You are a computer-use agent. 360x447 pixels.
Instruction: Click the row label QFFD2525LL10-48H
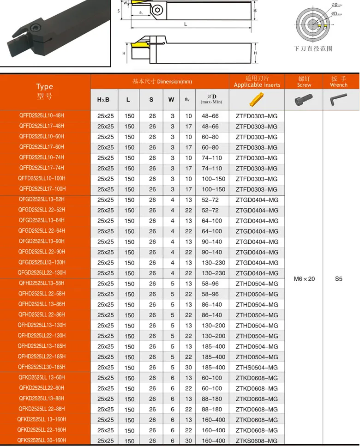tap(42, 115)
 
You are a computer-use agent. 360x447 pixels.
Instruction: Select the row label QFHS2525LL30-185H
tap(42, 367)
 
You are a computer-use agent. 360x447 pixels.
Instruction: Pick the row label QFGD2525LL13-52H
tap(42, 199)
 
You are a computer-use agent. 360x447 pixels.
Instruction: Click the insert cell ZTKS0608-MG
tap(257, 441)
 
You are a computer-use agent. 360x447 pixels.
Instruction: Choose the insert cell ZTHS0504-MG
tap(257, 367)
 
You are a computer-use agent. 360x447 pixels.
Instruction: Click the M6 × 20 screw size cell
tap(304, 278)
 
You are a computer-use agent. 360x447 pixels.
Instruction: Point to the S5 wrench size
tap(338, 278)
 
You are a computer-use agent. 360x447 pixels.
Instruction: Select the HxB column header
tap(103, 100)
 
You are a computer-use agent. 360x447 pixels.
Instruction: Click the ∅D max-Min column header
tap(212, 99)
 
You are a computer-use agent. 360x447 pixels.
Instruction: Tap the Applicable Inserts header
tap(257, 82)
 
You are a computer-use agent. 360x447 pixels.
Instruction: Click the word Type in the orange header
tap(44, 86)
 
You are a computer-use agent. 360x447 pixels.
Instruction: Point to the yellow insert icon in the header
tap(257, 99)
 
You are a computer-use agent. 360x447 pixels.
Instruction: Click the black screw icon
tap(304, 99)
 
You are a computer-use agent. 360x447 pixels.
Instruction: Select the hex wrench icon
tap(338, 99)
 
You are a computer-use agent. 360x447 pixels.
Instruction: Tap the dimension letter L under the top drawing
tap(185, 24)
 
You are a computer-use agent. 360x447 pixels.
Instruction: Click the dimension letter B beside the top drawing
tap(255, 10)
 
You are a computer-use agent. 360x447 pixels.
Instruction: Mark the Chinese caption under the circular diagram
tap(314, 48)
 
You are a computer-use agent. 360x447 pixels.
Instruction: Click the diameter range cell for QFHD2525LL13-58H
tap(212, 283)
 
